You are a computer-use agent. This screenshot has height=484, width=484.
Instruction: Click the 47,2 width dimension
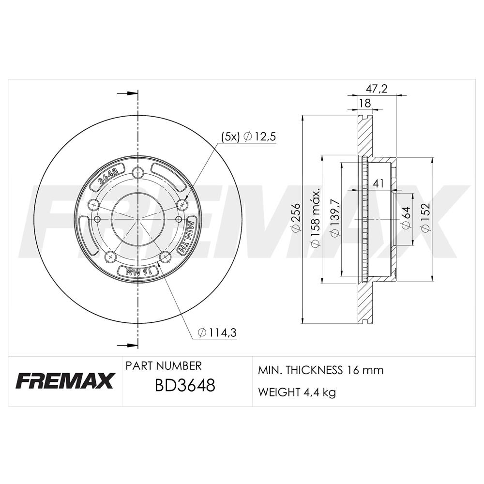click(376, 89)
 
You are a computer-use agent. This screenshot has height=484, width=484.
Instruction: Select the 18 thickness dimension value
click(365, 103)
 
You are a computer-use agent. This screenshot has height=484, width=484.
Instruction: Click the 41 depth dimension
click(378, 183)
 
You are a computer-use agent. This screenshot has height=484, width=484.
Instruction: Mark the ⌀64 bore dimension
click(406, 218)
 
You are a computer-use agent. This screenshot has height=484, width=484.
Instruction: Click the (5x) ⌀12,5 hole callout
click(248, 136)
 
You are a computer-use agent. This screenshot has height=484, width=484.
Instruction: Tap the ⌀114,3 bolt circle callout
click(217, 333)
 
